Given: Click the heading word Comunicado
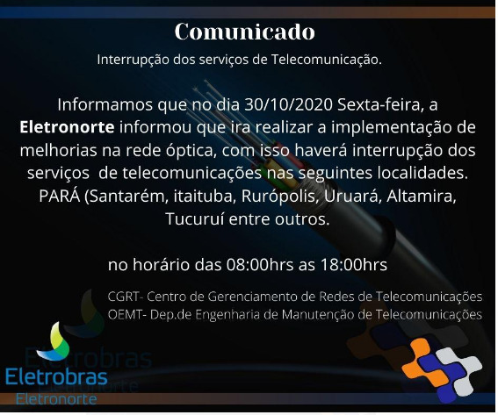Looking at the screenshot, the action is [x=244, y=32].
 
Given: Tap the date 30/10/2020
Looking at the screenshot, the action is [x=288, y=104].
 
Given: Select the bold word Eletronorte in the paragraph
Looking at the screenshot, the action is [x=67, y=127].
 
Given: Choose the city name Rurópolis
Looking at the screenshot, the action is [x=280, y=197].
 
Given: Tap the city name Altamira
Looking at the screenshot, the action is [x=422, y=196].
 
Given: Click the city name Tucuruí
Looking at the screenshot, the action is [x=194, y=219].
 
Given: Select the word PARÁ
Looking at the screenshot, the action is [x=60, y=196].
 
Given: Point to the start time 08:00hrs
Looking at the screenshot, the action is [x=260, y=265].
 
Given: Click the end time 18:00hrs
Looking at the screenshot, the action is [x=354, y=265].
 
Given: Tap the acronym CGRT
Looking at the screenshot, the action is [x=123, y=297].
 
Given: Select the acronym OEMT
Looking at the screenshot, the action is [x=125, y=314].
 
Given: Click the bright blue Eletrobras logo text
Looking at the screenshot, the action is [x=56, y=377].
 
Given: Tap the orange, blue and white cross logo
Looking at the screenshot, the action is [x=442, y=369].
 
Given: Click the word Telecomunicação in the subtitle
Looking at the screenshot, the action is [x=326, y=60].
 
